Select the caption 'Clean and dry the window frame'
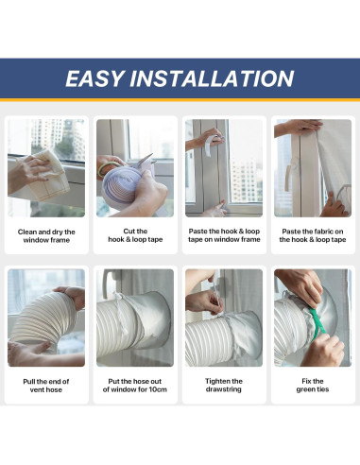tap(47, 234)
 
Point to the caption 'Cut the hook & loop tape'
tap(135, 234)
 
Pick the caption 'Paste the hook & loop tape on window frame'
tap(224, 234)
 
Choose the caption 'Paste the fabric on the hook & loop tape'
tap(312, 234)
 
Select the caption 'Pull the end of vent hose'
tap(47, 386)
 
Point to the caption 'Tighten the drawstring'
tap(224, 386)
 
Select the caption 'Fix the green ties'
tap(312, 386)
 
